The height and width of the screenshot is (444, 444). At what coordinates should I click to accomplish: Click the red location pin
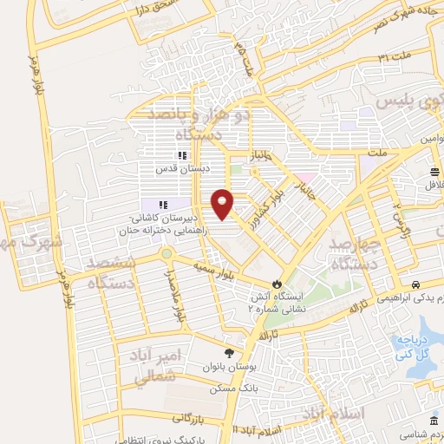[x=224, y=205]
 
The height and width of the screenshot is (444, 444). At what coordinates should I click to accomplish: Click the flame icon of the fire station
[x=276, y=283]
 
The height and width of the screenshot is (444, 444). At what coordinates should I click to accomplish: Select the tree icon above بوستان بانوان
[x=229, y=352]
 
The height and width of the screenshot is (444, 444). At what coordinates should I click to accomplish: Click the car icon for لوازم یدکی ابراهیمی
[x=416, y=284]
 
